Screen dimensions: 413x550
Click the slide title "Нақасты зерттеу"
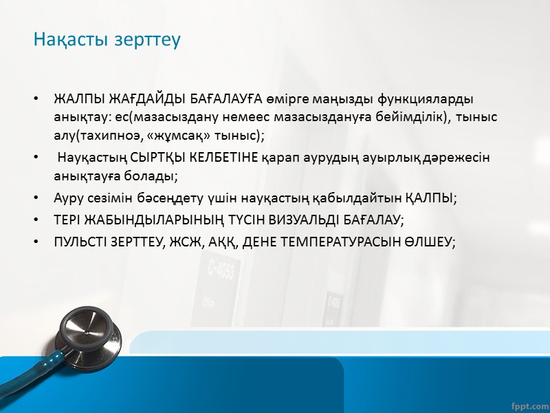click(107, 40)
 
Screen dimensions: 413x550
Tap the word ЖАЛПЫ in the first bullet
click(76, 100)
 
